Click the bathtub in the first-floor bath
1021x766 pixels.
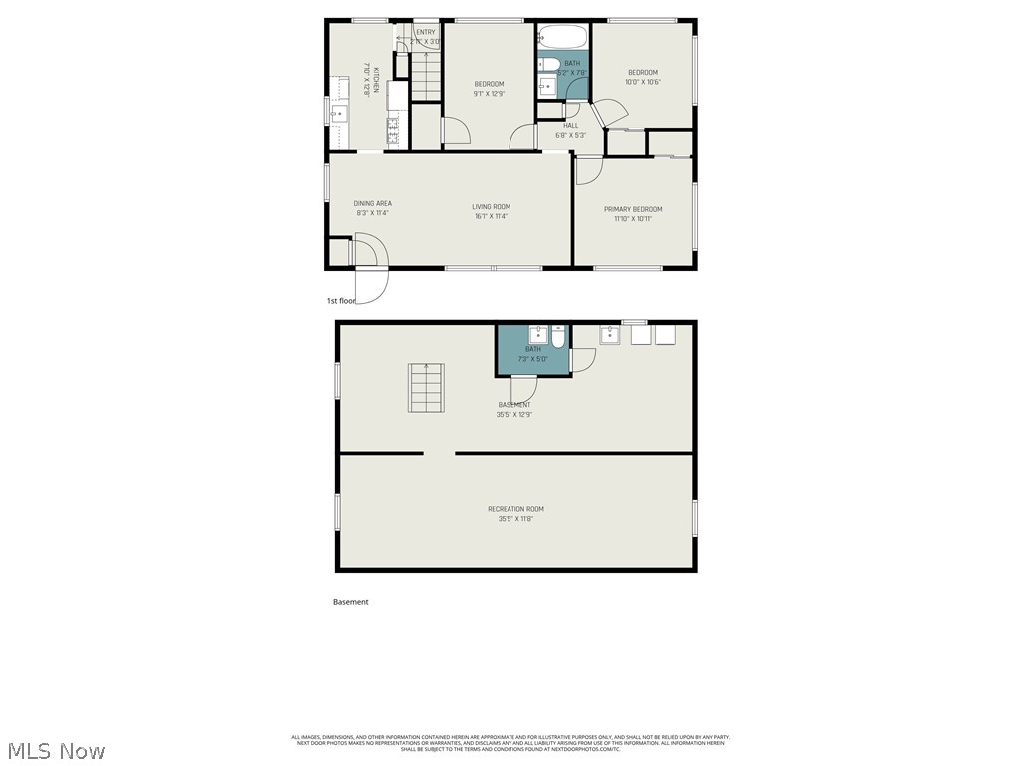[x=563, y=39]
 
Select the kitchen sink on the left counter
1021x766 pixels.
[x=337, y=113]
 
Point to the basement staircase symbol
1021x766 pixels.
[x=426, y=388]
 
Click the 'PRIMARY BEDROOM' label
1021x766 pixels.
[x=633, y=209]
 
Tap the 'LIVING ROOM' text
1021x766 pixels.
[x=491, y=207]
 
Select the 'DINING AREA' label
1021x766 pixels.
[x=372, y=204]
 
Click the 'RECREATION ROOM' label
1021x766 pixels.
[x=515, y=509]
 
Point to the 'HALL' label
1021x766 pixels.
[x=571, y=126]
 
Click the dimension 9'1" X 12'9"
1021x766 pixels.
[x=489, y=94]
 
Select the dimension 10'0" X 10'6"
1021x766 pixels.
[x=643, y=82]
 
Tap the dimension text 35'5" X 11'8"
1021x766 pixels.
[x=515, y=519]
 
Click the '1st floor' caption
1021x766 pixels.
[x=341, y=300]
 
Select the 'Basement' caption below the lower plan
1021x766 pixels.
[x=350, y=602]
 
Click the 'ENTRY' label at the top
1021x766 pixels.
[x=426, y=32]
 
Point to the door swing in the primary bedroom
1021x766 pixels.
[x=588, y=170]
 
